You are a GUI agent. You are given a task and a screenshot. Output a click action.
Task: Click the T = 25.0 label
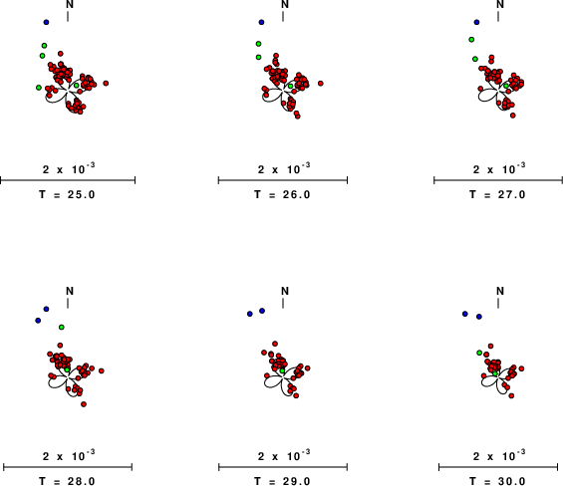67,194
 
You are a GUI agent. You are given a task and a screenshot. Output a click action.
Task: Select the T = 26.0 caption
282,194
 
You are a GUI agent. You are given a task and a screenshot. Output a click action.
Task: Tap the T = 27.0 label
497,194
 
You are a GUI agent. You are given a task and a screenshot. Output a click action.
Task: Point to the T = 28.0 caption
67,481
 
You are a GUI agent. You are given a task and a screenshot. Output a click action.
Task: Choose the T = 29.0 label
282,481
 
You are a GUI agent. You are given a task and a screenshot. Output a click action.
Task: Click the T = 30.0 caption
497,481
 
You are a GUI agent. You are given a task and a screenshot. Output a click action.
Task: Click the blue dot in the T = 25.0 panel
46,22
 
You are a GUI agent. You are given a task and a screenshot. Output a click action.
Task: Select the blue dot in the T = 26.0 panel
261,22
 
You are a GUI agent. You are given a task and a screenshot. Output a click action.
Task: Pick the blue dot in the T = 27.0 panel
476,22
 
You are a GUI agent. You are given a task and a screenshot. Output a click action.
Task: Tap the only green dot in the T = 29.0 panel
282,370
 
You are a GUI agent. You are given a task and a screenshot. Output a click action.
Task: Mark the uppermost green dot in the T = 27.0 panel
471,40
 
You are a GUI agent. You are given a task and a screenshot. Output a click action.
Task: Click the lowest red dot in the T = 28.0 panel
84,404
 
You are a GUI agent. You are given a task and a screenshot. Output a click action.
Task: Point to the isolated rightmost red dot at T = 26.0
321,84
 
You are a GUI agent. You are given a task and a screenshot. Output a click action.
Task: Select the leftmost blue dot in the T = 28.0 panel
38,320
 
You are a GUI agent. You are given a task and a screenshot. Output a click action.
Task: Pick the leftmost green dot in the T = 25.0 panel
39,88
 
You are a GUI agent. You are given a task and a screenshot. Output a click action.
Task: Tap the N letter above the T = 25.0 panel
70,4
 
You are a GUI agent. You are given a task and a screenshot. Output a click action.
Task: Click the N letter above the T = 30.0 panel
500,291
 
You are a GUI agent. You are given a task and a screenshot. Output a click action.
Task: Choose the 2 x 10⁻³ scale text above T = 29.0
284,455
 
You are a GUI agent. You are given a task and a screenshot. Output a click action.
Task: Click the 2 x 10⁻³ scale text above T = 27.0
499,168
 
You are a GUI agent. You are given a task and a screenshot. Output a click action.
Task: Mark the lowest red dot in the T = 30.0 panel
511,395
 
